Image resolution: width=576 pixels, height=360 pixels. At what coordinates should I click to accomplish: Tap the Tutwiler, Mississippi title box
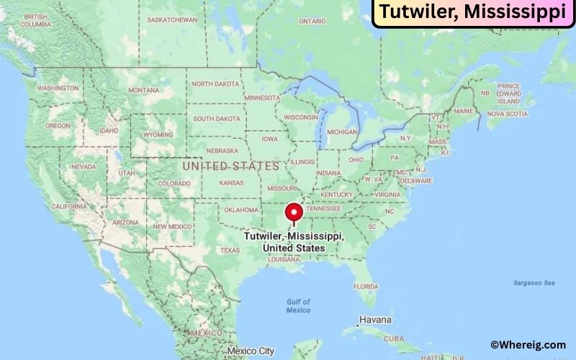coord(472,13)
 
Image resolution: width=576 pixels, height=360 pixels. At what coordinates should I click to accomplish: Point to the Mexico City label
coord(250,351)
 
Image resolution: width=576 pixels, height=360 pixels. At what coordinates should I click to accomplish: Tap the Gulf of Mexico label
coord(297,305)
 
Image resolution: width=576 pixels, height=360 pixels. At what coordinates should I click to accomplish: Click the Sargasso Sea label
coord(534,283)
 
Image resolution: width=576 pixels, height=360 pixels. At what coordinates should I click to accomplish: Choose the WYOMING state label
coord(159,135)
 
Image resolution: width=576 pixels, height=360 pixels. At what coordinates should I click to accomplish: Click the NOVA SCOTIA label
coord(507,114)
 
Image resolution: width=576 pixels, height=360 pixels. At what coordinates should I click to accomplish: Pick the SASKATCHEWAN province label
coord(171,19)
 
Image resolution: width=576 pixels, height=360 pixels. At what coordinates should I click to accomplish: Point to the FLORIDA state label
coord(366,286)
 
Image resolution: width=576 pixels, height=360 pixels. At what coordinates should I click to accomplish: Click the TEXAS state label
coord(230,251)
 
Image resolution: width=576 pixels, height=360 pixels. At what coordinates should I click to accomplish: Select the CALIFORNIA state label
coord(69,207)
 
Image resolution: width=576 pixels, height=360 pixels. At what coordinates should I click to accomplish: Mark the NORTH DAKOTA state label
coord(215,84)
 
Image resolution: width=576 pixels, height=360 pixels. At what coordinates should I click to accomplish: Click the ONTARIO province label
coord(312,22)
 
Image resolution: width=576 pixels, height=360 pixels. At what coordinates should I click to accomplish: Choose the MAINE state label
coord(464,112)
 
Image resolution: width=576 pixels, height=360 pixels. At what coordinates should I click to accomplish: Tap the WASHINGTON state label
coord(58,88)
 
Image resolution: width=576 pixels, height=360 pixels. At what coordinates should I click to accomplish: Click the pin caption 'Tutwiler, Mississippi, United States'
coord(294,242)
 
